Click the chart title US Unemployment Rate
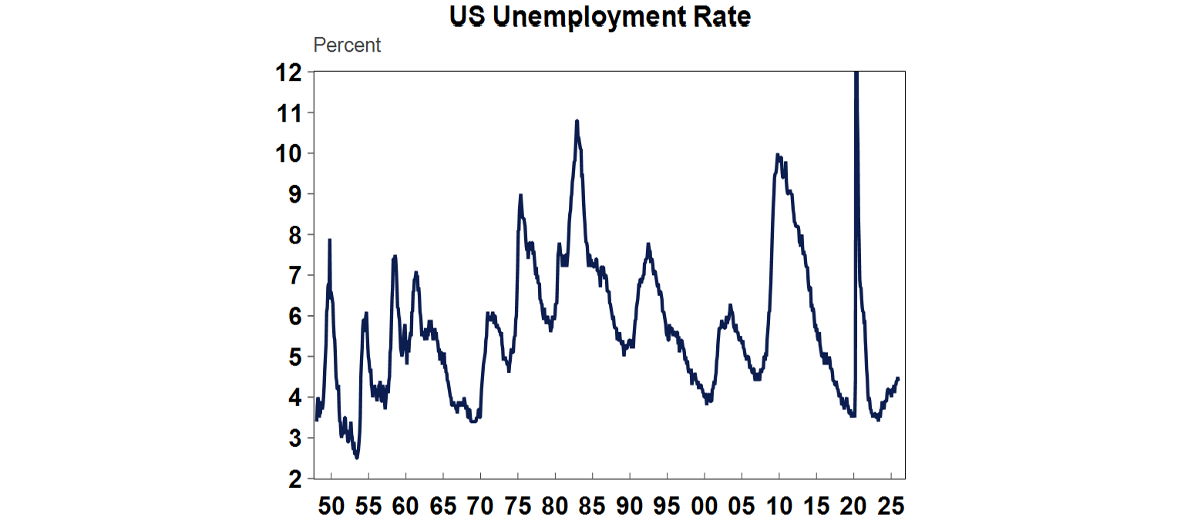click(600, 17)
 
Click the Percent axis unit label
click(347, 45)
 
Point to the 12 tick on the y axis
click(291, 72)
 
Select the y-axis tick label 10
click(291, 153)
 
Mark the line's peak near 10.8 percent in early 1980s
click(577, 121)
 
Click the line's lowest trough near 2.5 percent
click(356, 458)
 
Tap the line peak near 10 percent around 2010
click(778, 155)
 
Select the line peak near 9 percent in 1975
click(520, 195)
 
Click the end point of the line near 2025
click(898, 378)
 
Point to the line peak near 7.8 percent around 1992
click(648, 244)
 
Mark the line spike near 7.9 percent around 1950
click(330, 240)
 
